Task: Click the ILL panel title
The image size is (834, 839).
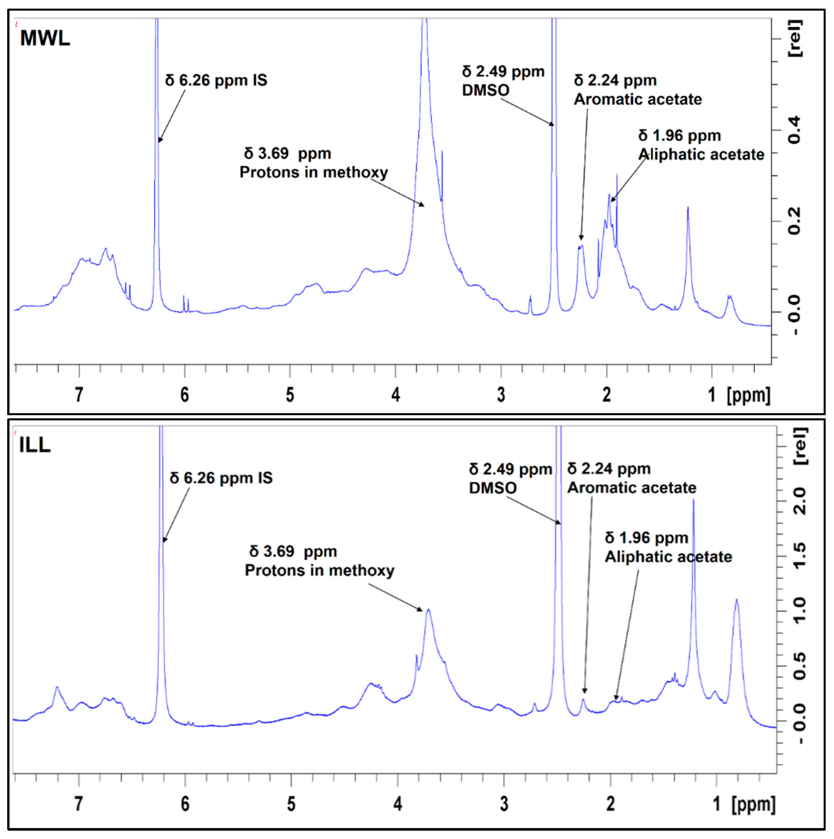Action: point(35,445)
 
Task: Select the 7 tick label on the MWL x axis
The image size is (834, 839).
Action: point(79,394)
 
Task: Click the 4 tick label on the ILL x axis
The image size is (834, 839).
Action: point(397,804)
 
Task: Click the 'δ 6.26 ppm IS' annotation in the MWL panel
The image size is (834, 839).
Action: point(216,80)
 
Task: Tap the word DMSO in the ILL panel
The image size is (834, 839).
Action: point(493,488)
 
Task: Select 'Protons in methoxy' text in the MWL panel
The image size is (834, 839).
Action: point(314,172)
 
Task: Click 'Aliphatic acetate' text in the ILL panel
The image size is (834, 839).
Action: point(668,557)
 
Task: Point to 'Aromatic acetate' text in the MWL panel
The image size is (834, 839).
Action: point(638,99)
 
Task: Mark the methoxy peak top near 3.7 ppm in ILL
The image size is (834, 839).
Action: point(428,610)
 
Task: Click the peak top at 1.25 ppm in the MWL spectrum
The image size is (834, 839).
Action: point(688,208)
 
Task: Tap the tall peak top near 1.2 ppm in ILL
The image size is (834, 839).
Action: point(693,500)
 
